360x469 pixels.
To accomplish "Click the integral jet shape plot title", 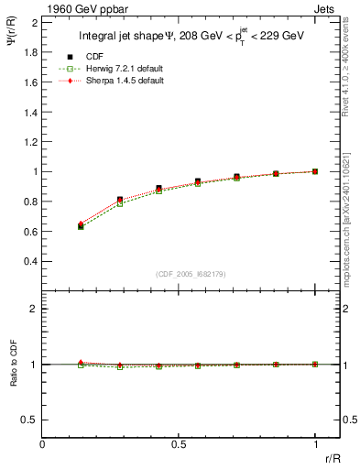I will (x=192, y=38).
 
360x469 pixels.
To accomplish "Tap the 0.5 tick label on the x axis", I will (x=179, y=443).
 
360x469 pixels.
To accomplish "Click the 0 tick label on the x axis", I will (x=43, y=443).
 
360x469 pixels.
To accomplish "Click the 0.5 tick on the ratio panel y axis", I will (x=29, y=420).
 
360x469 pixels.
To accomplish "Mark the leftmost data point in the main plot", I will (x=81, y=225).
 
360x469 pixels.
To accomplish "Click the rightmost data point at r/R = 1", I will (x=315, y=171).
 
